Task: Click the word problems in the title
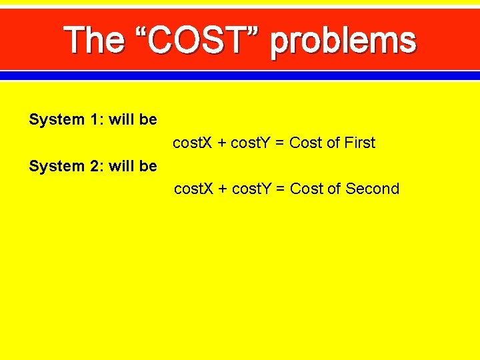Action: (x=343, y=42)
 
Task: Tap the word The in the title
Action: (x=94, y=41)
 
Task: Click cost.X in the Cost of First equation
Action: (x=193, y=143)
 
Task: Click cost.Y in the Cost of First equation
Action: (x=256, y=143)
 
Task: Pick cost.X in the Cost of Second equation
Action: (x=193, y=189)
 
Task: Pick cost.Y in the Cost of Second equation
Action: (x=257, y=189)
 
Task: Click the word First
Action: (x=360, y=143)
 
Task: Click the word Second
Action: (x=372, y=189)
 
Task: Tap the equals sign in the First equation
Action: (x=283, y=143)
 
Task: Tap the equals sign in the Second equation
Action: (x=283, y=189)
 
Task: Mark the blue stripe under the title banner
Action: (x=240, y=76)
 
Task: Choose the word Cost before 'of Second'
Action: (x=307, y=189)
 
